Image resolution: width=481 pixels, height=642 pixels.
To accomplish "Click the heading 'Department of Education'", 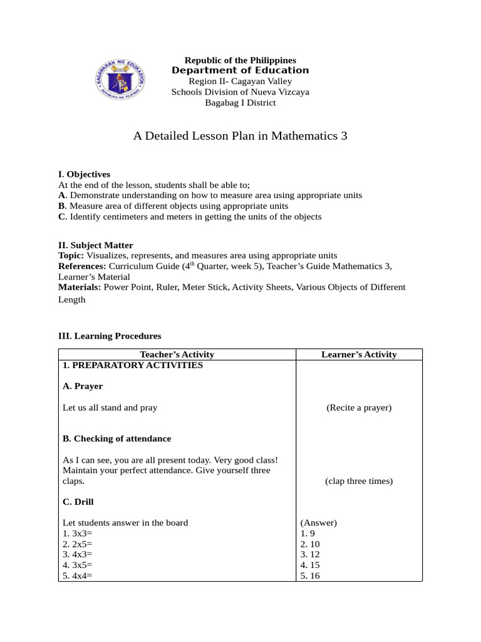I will [240, 70].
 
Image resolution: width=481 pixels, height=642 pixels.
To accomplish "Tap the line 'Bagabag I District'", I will [240, 103].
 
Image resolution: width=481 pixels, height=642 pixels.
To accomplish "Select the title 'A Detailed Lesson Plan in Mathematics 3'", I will [240, 136].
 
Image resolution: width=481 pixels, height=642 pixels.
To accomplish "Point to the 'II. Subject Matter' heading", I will [95, 245].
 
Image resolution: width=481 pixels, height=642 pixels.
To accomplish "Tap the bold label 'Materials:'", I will [80, 287].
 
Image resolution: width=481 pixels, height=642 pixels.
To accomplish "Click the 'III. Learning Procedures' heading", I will [110, 336].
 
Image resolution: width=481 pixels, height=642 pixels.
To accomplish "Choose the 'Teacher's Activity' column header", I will [177, 354].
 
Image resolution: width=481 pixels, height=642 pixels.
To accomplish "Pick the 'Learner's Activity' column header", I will [359, 354].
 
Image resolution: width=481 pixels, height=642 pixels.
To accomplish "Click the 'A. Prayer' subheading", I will [83, 386].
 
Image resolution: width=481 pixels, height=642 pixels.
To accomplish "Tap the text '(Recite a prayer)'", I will [359, 408].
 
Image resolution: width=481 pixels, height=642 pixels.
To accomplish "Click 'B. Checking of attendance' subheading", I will [116, 438].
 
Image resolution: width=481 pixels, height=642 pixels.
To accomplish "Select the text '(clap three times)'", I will [359, 481].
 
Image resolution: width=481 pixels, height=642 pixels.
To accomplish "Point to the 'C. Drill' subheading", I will [79, 502].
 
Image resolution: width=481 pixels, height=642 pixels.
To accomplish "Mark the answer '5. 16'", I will [310, 576].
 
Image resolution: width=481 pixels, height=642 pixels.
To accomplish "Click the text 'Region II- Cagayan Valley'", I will [240, 82].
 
